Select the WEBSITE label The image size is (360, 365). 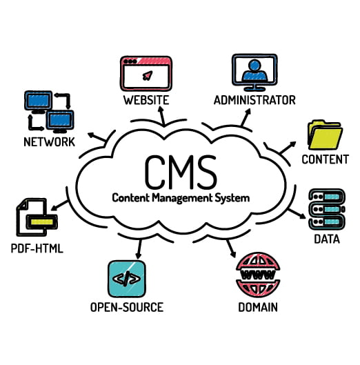click(x=146, y=100)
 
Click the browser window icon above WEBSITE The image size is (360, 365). click(x=146, y=73)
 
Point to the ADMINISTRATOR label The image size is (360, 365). click(x=254, y=100)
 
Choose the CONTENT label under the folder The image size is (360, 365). click(x=325, y=160)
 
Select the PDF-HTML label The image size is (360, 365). click(x=37, y=248)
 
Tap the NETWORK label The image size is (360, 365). click(x=49, y=143)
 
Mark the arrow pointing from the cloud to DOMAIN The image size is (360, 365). click(x=232, y=246)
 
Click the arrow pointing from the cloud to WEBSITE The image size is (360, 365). click(x=161, y=117)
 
